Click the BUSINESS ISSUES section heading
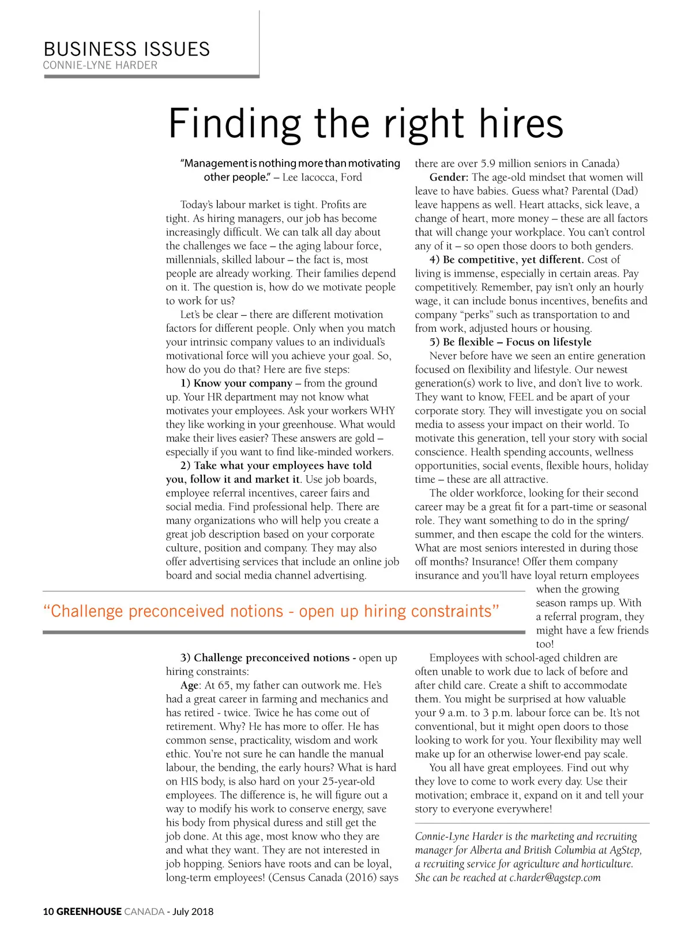tap(126, 49)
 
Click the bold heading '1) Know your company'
tap(236, 384)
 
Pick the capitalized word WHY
tap(382, 411)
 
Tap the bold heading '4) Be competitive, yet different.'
tap(507, 260)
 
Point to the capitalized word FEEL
tap(521, 398)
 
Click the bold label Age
tap(189, 686)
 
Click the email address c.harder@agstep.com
tap(555, 878)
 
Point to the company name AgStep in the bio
tap(625, 850)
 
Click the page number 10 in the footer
tap(48, 911)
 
